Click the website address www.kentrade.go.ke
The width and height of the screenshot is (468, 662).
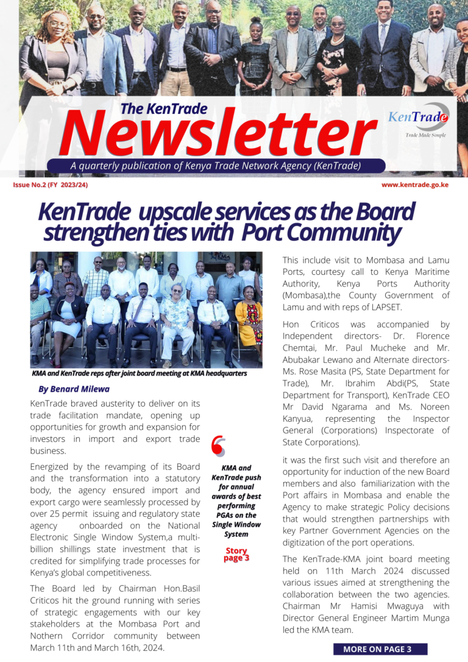click(415, 184)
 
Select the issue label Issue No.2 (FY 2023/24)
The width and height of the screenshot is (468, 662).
click(51, 184)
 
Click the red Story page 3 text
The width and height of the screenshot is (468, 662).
click(236, 555)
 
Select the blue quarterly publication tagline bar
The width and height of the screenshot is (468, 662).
click(216, 166)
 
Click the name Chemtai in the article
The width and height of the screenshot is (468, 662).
click(303, 347)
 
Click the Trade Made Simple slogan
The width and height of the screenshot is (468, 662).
click(425, 135)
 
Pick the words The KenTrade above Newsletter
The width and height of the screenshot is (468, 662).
click(163, 109)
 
